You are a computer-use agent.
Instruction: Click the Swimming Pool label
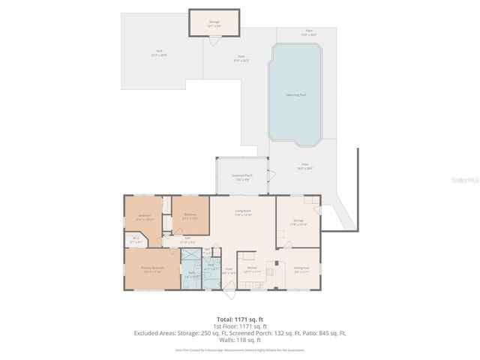click(296, 95)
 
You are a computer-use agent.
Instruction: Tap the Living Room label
click(241, 213)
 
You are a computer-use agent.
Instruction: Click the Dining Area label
click(301, 269)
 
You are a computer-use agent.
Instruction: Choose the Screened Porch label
click(243, 177)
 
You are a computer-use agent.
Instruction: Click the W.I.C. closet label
click(136, 241)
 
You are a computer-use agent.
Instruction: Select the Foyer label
click(229, 271)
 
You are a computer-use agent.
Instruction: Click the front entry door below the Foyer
click(229, 289)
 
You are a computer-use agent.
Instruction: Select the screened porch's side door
click(271, 177)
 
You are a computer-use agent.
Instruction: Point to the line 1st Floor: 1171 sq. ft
click(240, 327)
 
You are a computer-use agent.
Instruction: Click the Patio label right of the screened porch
click(305, 166)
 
